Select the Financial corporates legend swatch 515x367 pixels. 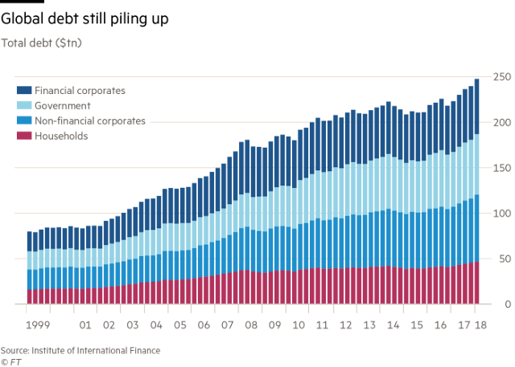point(23,90)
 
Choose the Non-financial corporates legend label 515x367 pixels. point(89,120)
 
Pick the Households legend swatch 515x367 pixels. point(23,136)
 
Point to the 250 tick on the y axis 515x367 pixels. point(501,77)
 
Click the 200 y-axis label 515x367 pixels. point(501,122)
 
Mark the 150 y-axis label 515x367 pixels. point(501,168)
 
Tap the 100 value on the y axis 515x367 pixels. point(501,214)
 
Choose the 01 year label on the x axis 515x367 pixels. point(84,325)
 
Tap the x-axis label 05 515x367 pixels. point(180,325)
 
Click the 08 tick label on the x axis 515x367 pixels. point(251,325)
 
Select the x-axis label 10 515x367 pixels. point(299,325)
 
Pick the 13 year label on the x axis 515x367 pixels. point(369,325)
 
